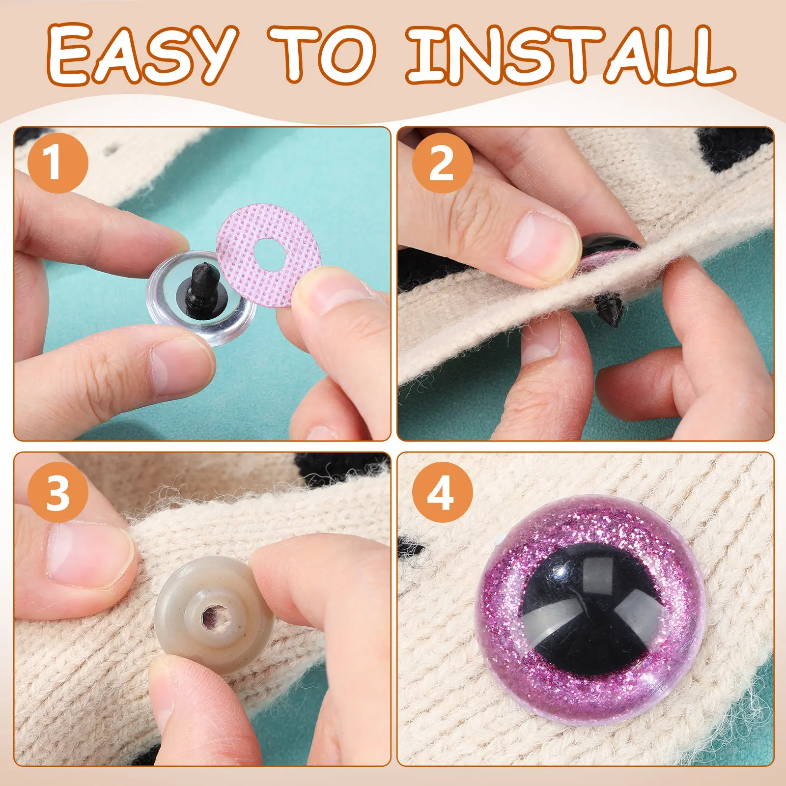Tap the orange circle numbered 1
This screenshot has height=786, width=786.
click(x=57, y=162)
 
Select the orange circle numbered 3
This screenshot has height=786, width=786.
click(x=57, y=493)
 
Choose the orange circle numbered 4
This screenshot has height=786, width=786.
click(x=442, y=493)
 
